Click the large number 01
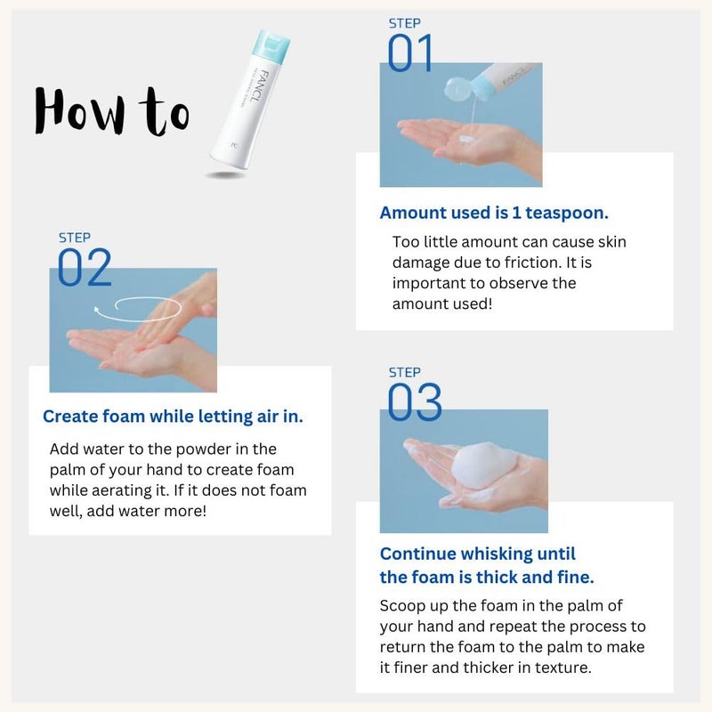tap(410, 53)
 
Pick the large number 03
tap(415, 403)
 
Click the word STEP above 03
tap(405, 372)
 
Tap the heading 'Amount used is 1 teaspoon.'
tap(494, 213)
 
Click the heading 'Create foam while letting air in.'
tap(173, 416)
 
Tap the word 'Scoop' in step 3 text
tap(401, 606)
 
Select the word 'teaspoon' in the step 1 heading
tap(566, 213)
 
